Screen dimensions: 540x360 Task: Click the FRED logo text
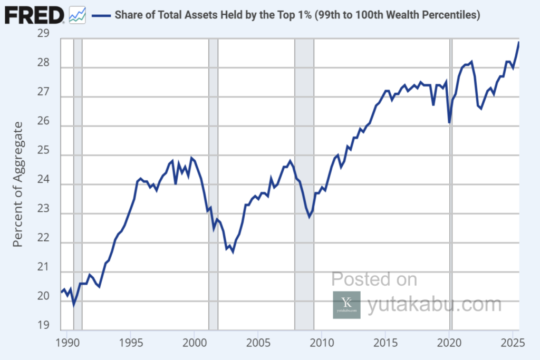coord(34,15)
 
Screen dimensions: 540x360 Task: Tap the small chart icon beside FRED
coord(78,15)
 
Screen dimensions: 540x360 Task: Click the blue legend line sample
coord(101,15)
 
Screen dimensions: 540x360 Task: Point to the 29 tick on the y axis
coord(43,33)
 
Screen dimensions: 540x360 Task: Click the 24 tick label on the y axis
coord(43,179)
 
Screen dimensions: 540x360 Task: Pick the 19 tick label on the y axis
coord(43,325)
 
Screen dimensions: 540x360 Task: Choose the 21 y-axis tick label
coord(43,267)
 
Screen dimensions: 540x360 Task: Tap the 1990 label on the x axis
coord(67,343)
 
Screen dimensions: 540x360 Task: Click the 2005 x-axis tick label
coord(258,343)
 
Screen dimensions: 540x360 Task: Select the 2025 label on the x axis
coord(513,343)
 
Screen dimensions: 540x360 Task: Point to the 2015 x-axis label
coord(385,343)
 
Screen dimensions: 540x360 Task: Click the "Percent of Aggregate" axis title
coord(17,184)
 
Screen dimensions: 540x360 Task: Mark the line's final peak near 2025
coord(519,43)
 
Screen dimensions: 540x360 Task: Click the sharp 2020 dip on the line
coord(449,122)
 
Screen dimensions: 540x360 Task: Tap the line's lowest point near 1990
coord(73,305)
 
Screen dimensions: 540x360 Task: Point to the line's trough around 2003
coord(233,252)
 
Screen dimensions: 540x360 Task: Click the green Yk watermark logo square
coord(346,305)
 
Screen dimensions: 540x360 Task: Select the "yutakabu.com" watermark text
coord(435,304)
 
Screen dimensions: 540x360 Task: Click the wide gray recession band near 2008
coord(304,184)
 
